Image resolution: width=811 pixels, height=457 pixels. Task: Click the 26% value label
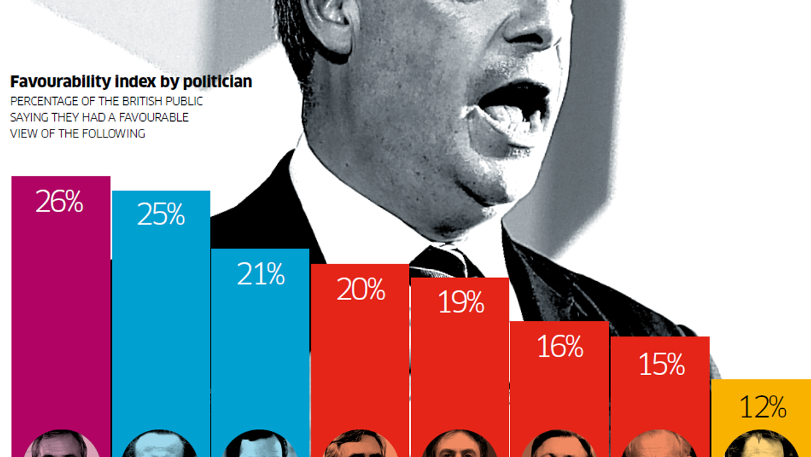pos(59,203)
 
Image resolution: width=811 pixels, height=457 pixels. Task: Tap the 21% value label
pos(261,275)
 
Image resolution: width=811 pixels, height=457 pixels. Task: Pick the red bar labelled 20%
pos(360,365)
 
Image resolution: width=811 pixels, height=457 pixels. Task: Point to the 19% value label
pos(461,303)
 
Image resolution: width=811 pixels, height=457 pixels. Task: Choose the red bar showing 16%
pos(560,391)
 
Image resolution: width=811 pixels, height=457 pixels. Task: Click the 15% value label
pos(661,364)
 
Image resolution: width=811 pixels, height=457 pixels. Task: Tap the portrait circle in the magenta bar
pos(61,446)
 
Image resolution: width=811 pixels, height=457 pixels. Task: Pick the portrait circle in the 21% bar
pos(260,446)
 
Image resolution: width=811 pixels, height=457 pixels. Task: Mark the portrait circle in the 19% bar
pos(460,447)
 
